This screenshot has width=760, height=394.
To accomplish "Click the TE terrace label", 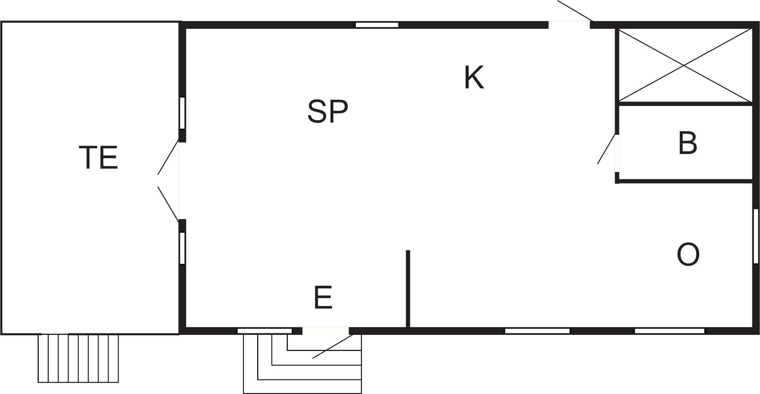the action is [98, 157].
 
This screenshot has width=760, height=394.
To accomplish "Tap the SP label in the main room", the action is [328, 111].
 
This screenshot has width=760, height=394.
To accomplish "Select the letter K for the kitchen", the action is [474, 77].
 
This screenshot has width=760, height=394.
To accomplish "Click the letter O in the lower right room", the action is [688, 254].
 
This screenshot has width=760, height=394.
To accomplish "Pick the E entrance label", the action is [323, 297].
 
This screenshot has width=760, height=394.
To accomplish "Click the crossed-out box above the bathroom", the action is [684, 66].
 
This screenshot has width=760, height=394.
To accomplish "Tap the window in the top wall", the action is [377, 25].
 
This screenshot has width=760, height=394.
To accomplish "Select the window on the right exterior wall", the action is [755, 236].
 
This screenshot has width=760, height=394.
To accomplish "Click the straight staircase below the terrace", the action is [78, 358].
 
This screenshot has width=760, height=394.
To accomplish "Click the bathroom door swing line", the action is [607, 149].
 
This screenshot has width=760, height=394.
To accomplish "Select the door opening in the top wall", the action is [569, 25].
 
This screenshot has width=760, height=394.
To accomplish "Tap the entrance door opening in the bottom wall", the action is [325, 331].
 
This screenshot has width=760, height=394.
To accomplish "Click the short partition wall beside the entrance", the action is [408, 288].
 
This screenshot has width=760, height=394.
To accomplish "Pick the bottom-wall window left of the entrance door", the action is [264, 331].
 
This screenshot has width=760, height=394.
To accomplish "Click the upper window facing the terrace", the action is [182, 113].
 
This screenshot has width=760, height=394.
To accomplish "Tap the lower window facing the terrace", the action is [182, 248].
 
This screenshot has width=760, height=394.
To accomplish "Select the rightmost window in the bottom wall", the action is [669, 331].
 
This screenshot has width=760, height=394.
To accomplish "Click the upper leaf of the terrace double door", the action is [168, 157].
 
